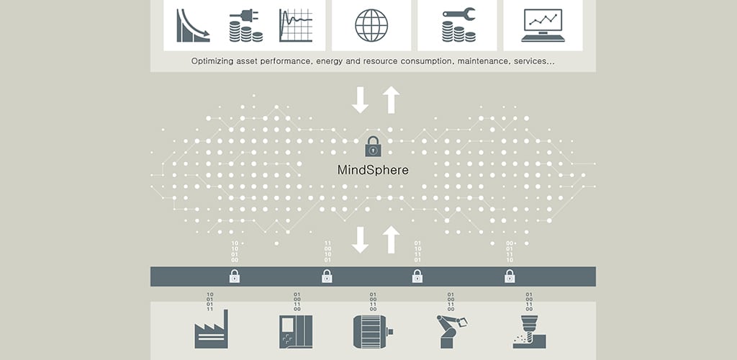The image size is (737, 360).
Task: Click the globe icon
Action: tap(371, 25)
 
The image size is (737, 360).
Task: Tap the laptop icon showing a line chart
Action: tap(543, 25)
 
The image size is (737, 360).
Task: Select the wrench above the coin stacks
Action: tap(458, 14)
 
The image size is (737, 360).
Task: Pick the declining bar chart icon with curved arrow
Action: tap(193, 25)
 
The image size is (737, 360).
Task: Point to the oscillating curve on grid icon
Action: tap(296, 25)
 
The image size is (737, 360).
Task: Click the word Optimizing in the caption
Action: tap(210, 62)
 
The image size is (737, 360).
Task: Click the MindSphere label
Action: tap(374, 170)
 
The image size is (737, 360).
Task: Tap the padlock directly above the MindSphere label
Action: tap(374, 146)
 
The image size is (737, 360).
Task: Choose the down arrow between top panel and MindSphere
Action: tap(360, 99)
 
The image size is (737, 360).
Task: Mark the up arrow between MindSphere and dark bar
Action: tap(391, 239)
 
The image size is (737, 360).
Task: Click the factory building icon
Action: tap(211, 329)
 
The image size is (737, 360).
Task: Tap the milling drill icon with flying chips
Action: tap(529, 332)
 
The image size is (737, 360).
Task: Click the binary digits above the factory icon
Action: tap(210, 302)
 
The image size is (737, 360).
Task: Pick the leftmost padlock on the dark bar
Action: tap(235, 276)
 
